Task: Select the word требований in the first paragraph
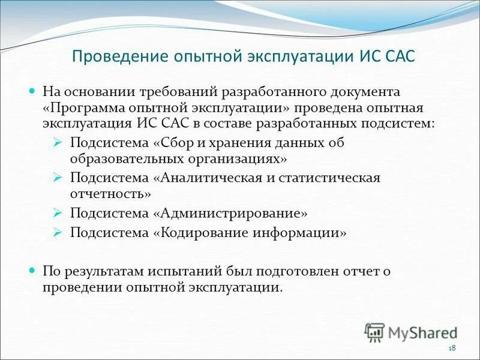coord(179,93)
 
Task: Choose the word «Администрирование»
coord(231,213)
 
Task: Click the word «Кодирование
coord(200,232)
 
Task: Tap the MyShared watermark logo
coord(411,332)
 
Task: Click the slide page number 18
coord(452,349)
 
